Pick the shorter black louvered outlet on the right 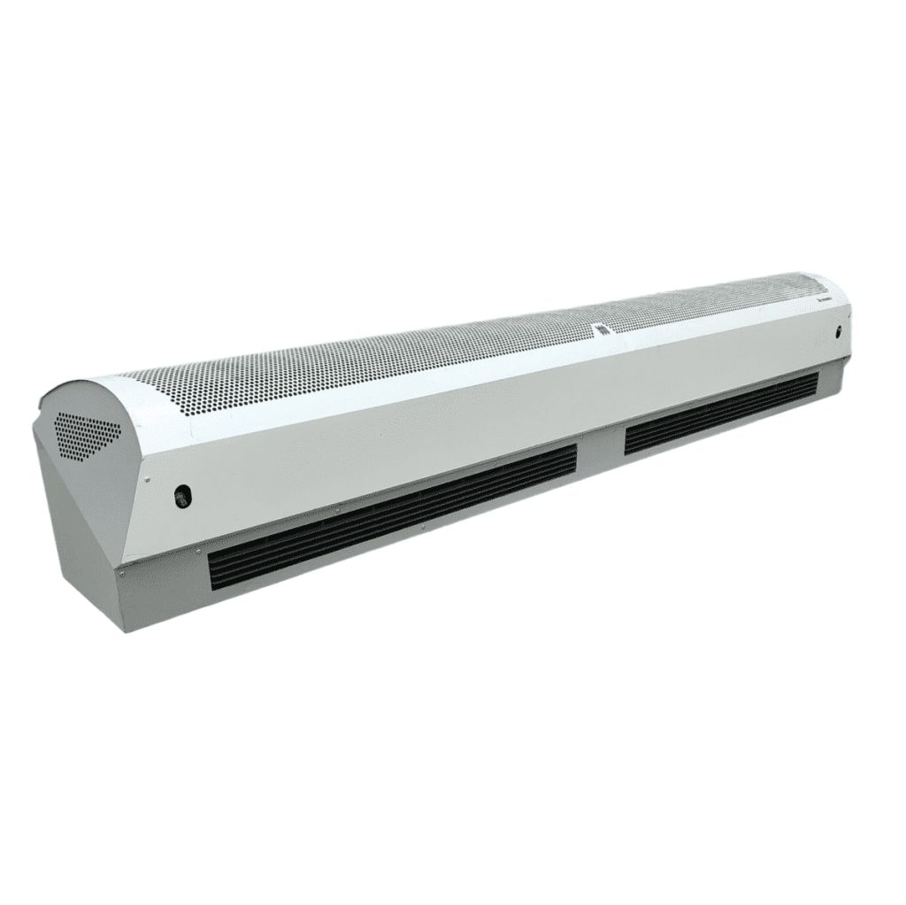(x=721, y=414)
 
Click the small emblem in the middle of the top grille (x=602, y=329)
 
